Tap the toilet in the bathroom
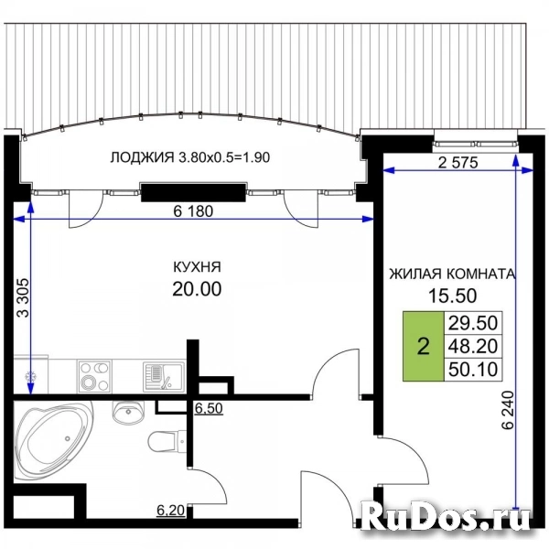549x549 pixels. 163,440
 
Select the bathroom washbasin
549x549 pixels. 124,414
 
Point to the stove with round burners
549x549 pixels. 91,375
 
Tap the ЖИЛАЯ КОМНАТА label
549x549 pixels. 452,273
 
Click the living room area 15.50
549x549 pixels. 452,295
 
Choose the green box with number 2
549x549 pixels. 422,347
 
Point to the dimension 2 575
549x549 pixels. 459,162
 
